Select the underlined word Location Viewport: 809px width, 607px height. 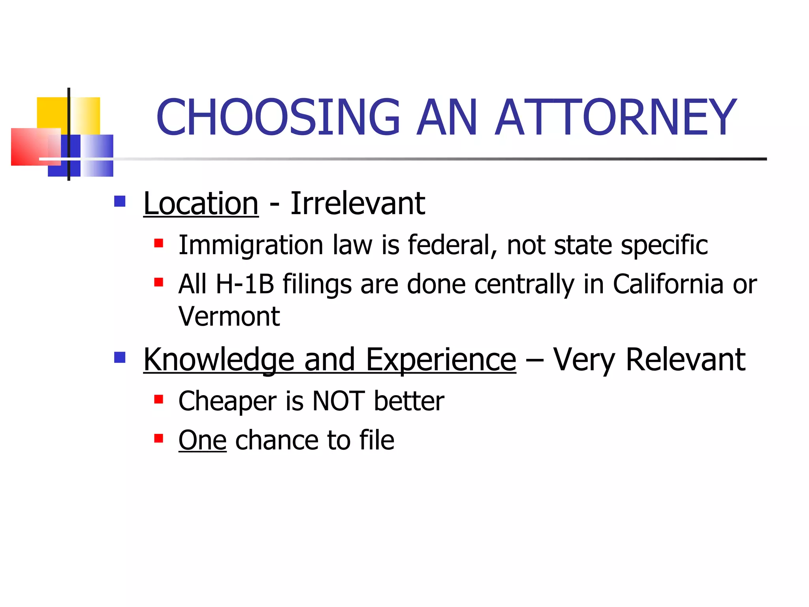[x=201, y=204]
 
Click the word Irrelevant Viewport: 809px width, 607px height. [x=357, y=204]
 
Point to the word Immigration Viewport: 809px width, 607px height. [x=251, y=245]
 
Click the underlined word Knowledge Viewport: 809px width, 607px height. [x=219, y=360]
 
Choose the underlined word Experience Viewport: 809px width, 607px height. [x=441, y=360]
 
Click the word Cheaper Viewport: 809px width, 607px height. [x=227, y=401]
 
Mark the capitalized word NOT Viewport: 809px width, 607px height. [x=338, y=401]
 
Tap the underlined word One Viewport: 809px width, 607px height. [x=202, y=440]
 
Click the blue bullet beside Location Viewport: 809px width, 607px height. [x=120, y=202]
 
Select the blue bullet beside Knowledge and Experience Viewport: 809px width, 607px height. [x=120, y=358]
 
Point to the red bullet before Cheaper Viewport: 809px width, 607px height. [x=159, y=400]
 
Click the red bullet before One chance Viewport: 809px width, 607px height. [x=159, y=438]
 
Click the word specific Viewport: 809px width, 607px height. [x=664, y=245]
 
